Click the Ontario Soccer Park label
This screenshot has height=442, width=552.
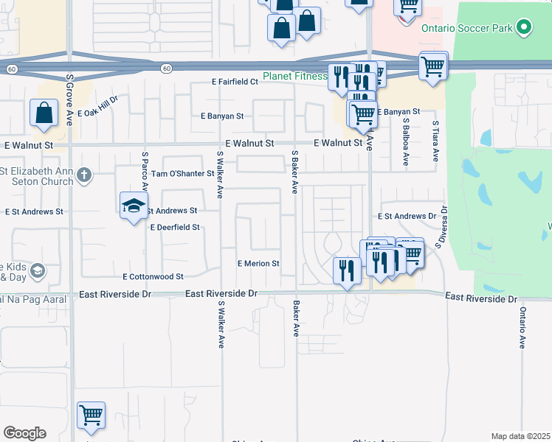tap(467, 29)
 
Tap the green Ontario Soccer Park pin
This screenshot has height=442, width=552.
tap(524, 29)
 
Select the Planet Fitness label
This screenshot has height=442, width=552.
tap(295, 77)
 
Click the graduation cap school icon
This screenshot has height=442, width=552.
tap(134, 206)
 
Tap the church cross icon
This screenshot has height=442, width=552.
tap(84, 175)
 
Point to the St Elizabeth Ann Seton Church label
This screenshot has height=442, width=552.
tap(37, 178)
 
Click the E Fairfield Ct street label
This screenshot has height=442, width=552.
tap(234, 82)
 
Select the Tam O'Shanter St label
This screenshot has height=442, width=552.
tap(182, 174)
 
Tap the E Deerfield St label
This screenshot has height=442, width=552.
tap(175, 228)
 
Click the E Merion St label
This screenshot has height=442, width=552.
tap(258, 263)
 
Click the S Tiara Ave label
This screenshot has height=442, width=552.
tap(436, 141)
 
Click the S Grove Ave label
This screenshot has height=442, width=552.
tap(69, 99)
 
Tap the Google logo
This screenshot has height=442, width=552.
tap(24, 433)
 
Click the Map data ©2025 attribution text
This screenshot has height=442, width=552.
tap(520, 436)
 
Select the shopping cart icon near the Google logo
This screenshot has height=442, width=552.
tap(91, 416)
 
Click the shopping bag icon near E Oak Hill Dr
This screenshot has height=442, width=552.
tap(44, 114)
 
